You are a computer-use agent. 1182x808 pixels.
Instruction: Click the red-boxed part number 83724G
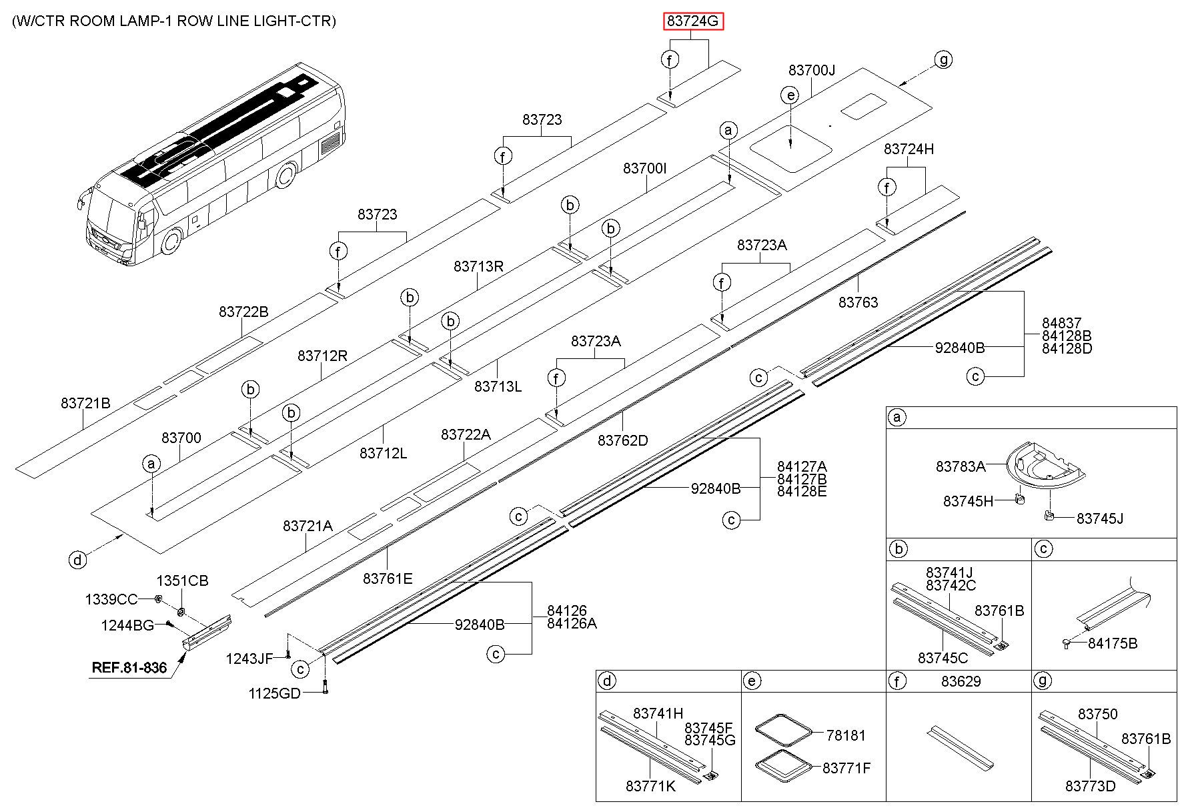point(693,21)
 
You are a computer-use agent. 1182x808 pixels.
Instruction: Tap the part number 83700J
point(812,70)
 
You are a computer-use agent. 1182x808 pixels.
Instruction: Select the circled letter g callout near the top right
point(943,59)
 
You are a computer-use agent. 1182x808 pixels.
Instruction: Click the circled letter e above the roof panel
point(790,95)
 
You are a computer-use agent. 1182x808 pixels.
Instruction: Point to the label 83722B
point(243,312)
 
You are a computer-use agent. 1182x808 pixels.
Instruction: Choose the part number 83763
point(858,302)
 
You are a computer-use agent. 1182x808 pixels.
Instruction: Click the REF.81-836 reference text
point(129,667)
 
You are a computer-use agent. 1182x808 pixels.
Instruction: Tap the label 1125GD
point(275,693)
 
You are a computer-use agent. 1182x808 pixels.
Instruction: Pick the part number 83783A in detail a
point(961,466)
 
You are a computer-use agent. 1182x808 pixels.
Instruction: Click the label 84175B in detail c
point(1113,643)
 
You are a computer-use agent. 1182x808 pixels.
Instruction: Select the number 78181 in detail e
point(846,735)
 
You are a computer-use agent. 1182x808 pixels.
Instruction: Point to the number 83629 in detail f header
point(961,681)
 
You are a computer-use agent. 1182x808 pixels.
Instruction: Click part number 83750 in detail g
point(1097,714)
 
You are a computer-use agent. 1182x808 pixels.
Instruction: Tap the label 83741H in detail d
point(658,713)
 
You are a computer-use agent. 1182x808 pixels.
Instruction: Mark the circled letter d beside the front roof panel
point(78,560)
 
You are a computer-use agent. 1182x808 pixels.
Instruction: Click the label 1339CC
point(111,599)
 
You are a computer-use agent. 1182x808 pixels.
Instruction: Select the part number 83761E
point(388,578)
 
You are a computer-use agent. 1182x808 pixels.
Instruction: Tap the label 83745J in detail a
point(1100,518)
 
